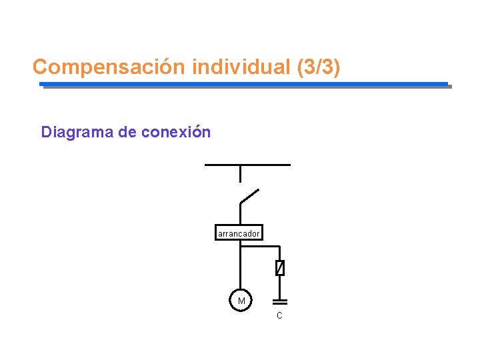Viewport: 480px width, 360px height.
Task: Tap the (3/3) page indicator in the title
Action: coord(317,67)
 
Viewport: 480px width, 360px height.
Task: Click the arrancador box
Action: coord(239,233)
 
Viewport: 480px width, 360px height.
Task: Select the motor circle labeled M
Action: coord(241,301)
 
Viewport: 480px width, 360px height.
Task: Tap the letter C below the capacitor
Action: coord(279,315)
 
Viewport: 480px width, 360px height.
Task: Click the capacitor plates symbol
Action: coord(280,302)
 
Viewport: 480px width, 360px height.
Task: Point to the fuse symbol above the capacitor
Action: coord(280,268)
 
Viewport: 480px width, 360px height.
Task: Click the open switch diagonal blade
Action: coord(249,196)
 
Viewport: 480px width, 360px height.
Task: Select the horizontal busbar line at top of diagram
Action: coord(247,164)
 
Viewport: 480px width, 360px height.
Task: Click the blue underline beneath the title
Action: coord(244,84)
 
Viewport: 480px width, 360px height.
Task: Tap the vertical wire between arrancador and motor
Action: coord(241,267)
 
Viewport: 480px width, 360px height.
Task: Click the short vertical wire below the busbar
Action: coord(240,173)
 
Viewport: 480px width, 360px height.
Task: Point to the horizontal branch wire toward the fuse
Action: coord(261,246)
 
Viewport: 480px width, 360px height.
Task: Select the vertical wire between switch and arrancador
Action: coord(240,215)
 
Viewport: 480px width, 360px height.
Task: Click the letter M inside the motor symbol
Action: coord(241,301)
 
